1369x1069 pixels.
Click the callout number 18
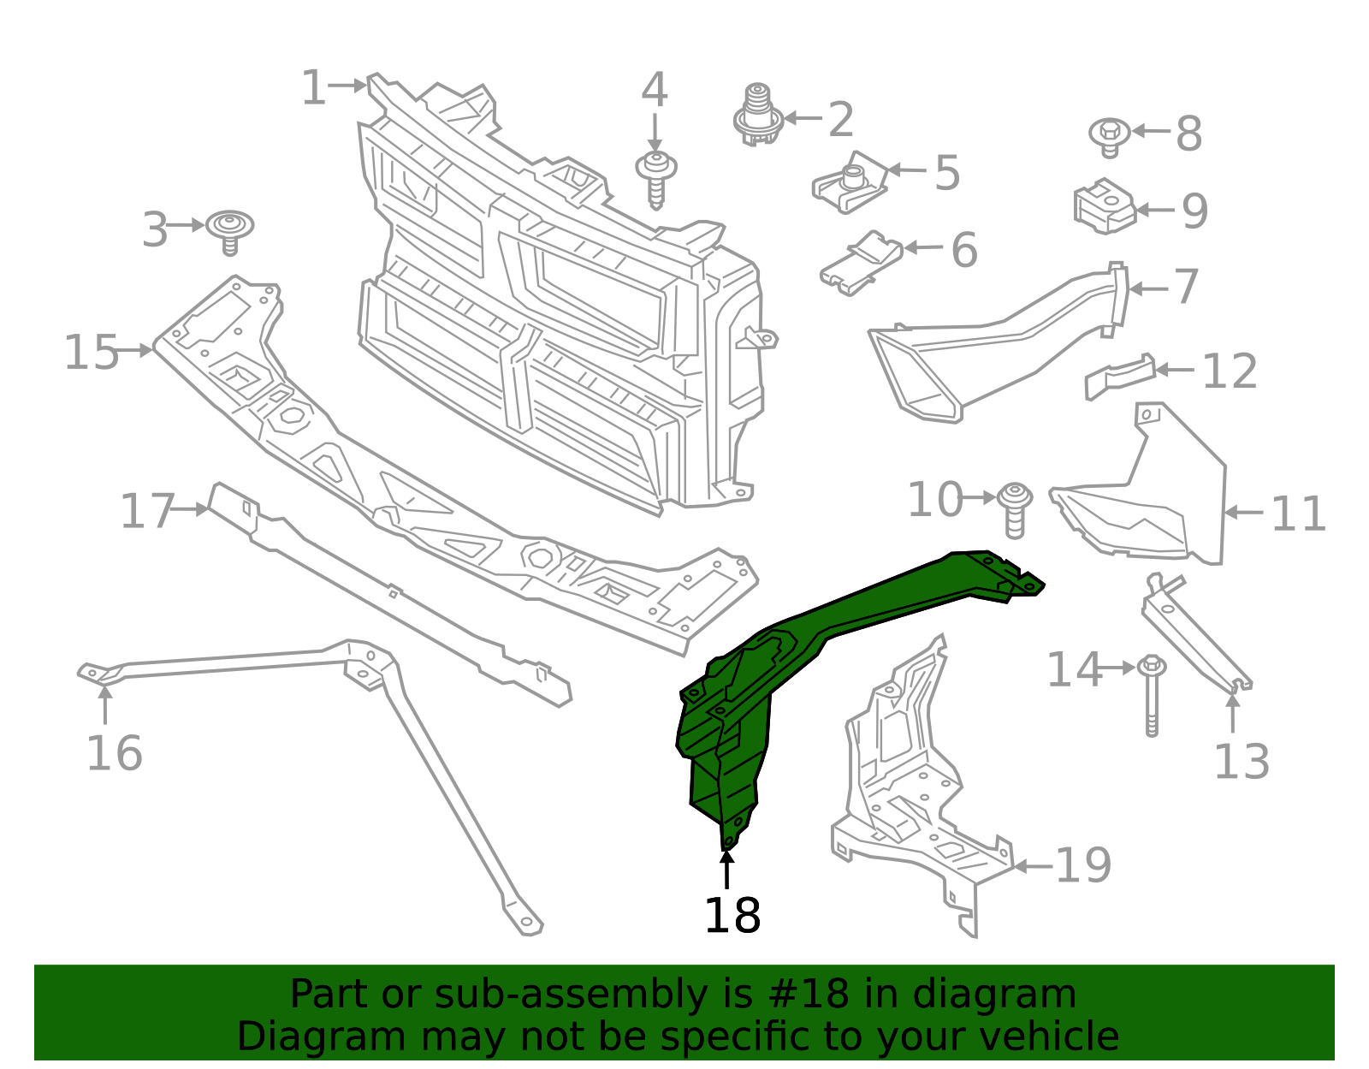(x=732, y=916)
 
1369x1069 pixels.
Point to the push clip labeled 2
(x=758, y=116)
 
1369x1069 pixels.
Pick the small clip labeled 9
(x=1104, y=205)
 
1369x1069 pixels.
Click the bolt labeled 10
(x=1015, y=508)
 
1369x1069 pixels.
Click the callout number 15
(x=91, y=353)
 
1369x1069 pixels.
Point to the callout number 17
(x=147, y=512)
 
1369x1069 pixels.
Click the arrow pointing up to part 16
(x=105, y=706)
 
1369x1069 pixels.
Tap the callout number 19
(x=1083, y=865)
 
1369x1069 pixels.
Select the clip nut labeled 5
(x=850, y=183)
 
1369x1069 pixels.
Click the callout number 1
(x=313, y=88)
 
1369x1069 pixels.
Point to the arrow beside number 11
(x=1244, y=513)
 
